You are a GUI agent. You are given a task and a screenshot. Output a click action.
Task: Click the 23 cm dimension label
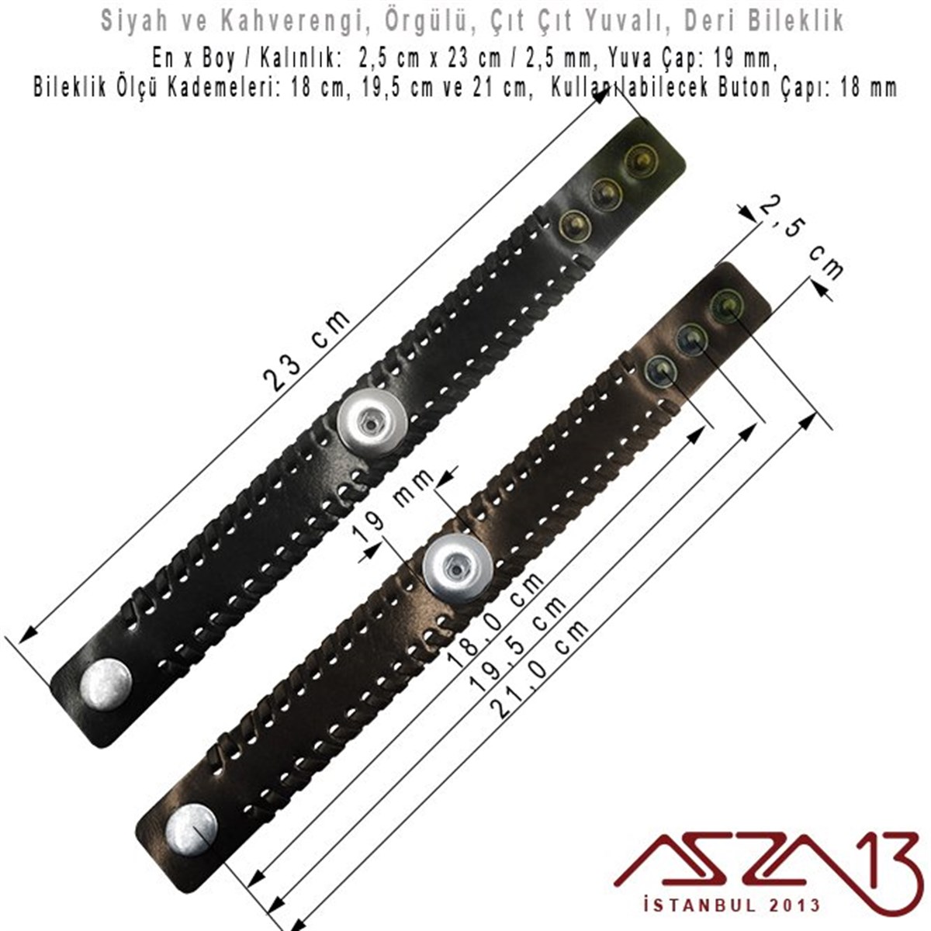pos(307,350)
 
